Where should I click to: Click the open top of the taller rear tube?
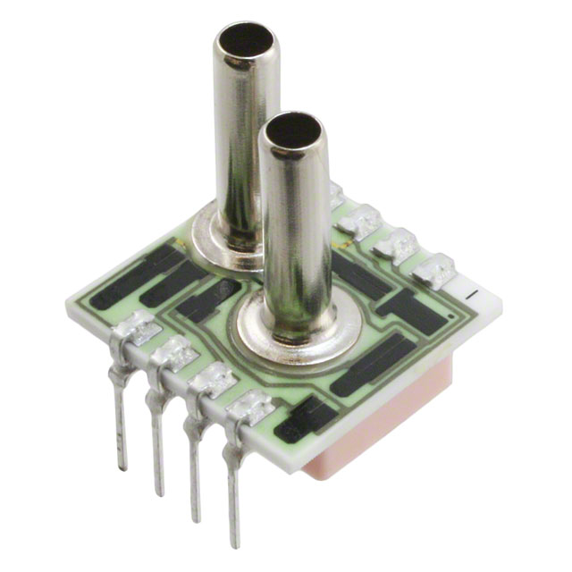coord(245,40)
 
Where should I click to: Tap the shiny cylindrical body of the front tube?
coord(296,232)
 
